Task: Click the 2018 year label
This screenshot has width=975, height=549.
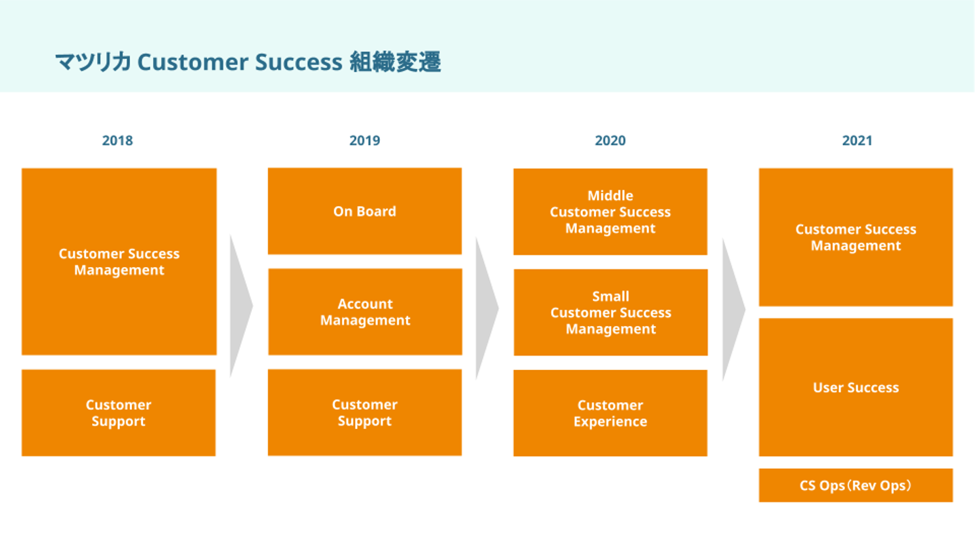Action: [118, 141]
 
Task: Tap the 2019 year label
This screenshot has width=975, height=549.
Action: [365, 141]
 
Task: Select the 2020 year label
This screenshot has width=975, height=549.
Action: [610, 141]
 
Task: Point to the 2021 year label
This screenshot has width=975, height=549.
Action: [857, 141]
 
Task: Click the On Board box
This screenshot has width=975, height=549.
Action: [365, 211]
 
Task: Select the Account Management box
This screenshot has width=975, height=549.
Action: [365, 312]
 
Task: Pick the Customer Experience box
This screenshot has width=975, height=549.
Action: [610, 413]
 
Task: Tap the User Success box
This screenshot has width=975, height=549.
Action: [856, 388]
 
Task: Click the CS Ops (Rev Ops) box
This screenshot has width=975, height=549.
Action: [856, 485]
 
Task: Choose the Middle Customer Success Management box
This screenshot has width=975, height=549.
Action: [610, 211]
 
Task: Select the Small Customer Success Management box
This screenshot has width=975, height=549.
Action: [611, 312]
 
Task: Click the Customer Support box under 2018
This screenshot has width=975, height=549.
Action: [118, 413]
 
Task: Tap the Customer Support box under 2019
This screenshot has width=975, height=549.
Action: [365, 413]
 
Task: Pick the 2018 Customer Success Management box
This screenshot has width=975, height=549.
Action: [119, 262]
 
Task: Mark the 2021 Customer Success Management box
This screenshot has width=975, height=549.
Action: [856, 237]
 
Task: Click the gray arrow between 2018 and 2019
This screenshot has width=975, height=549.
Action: [240, 306]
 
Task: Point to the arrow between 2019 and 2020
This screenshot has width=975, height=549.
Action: [486, 308]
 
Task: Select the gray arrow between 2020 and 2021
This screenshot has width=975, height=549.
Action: [733, 310]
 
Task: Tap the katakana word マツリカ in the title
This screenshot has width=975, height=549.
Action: [93, 62]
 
